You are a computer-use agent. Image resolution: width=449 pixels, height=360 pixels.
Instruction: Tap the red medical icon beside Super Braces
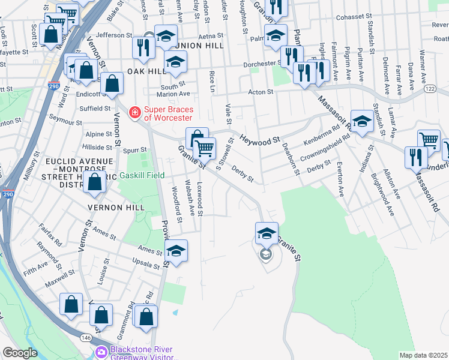(134, 112)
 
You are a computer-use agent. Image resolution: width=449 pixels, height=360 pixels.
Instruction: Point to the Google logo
(20, 353)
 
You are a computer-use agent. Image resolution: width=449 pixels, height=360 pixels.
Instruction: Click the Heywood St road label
(260, 140)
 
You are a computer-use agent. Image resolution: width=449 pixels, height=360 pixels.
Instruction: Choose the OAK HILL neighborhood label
(146, 71)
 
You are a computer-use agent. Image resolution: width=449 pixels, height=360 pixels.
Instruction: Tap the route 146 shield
(88, 338)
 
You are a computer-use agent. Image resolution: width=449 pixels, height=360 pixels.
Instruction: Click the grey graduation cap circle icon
(265, 255)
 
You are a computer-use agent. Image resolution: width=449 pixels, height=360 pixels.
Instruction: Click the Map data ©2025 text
(423, 355)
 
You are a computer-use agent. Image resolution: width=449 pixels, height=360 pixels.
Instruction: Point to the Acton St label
(261, 92)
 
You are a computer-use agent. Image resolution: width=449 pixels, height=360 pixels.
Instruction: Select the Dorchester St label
(262, 64)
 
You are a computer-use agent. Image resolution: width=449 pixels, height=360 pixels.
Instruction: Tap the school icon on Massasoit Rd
(362, 121)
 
